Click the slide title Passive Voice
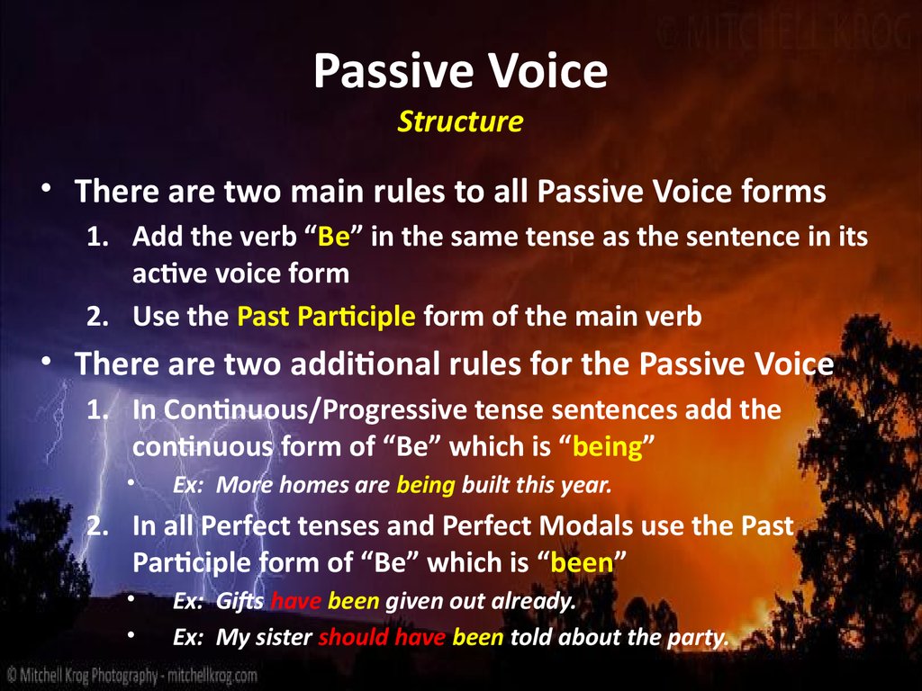pos(460,72)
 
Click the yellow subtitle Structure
pos(460,121)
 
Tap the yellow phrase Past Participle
pos(326,317)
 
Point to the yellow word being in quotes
pos(607,447)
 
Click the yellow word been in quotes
pos(582,563)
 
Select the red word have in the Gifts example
pos(296,602)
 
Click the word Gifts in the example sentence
pos(241,602)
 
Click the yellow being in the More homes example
pos(427,486)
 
